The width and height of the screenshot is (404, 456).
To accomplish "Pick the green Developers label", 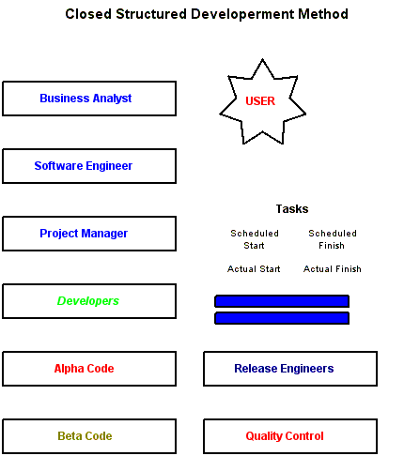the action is click(x=88, y=301).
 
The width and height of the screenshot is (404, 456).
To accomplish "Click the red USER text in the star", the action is click(x=260, y=101).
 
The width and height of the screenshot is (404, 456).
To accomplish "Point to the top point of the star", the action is click(x=262, y=59).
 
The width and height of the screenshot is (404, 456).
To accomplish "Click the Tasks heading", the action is click(x=292, y=209).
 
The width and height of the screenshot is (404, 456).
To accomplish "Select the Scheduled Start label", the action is click(x=255, y=239).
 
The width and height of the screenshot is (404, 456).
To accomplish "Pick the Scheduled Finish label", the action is click(x=333, y=239).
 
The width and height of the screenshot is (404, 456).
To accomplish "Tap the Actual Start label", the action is click(x=254, y=269).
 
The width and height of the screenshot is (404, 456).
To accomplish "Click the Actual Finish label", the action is click(x=333, y=269).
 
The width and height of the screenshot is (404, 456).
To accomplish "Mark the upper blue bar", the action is click(x=282, y=301).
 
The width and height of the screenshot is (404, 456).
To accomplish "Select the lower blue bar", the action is click(x=282, y=318).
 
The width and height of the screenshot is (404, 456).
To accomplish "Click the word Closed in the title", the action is click(x=88, y=14).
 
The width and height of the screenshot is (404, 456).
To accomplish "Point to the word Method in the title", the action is click(x=323, y=14).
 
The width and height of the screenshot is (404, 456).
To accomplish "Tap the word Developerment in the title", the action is click(x=243, y=15).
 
